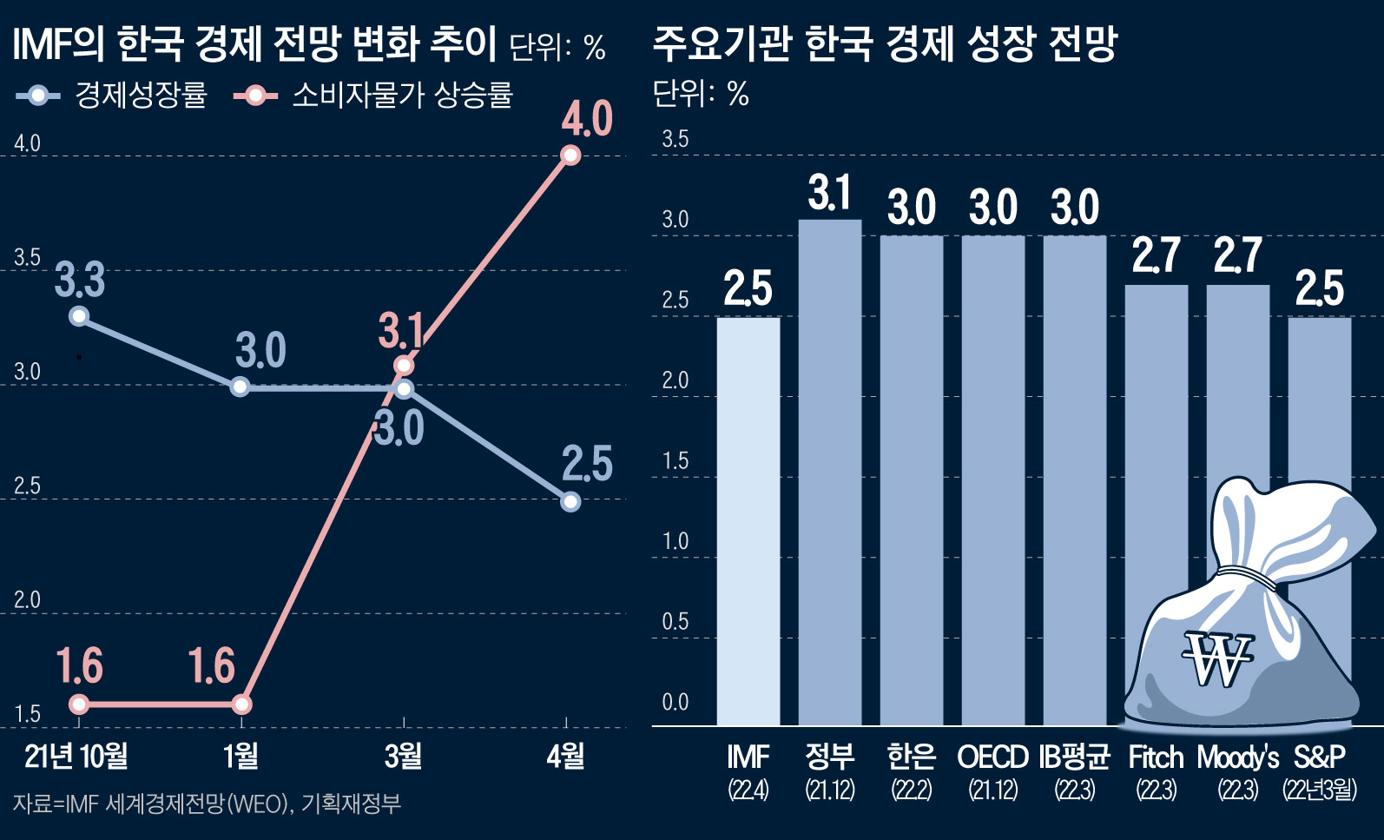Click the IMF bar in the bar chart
point(748,521)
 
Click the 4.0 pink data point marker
point(570,155)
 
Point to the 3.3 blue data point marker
point(79,316)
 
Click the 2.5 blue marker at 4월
point(570,502)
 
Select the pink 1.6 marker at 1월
point(242,704)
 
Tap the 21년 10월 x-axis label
point(76,757)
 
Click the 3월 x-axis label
point(403,757)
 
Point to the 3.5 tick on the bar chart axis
point(675,139)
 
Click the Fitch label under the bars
point(1156,757)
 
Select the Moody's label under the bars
point(1237,757)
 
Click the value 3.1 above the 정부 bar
point(829,193)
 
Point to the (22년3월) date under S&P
point(1319,790)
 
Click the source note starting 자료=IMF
point(207,804)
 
